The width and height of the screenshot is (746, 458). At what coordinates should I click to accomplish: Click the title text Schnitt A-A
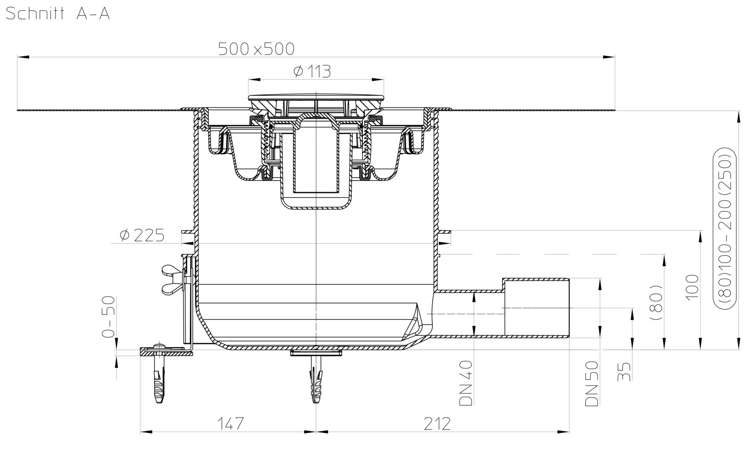point(58,14)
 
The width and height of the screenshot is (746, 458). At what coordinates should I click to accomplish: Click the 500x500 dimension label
point(256,49)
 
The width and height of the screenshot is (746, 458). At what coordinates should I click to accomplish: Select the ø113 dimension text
point(312,71)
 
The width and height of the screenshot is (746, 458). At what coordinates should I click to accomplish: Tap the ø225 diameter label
point(142,235)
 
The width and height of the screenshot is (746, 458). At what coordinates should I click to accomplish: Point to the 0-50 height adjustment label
point(109,316)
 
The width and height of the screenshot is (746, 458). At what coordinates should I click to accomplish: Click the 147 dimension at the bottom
point(231,423)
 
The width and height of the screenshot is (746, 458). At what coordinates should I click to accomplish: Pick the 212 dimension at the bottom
point(437,423)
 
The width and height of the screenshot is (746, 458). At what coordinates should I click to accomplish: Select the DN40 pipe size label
point(466,383)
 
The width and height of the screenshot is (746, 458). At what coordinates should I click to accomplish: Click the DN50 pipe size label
point(591,383)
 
